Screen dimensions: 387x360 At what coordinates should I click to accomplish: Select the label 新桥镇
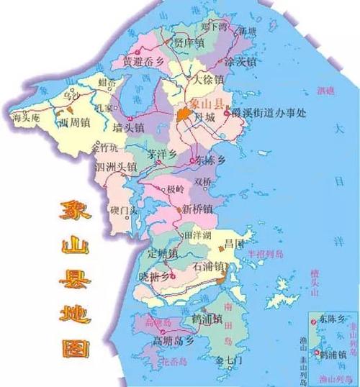coord(197,209)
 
